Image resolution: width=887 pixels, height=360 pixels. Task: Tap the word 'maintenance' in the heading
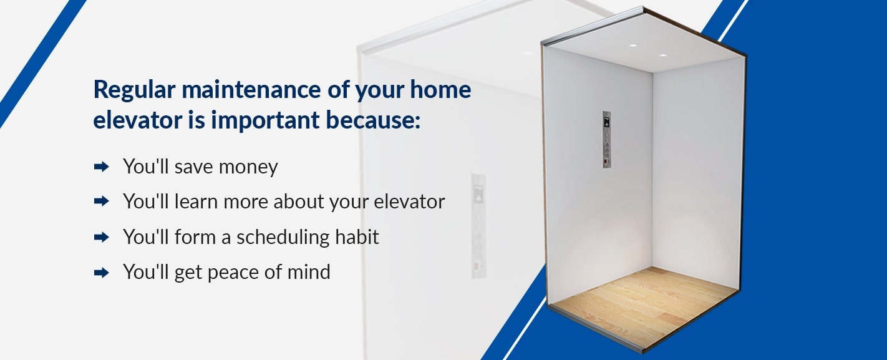[x=251, y=89]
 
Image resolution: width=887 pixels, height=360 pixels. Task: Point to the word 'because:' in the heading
[x=373, y=120]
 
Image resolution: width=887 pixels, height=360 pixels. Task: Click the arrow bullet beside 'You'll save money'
[x=102, y=167]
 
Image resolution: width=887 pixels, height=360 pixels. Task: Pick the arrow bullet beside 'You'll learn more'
[x=102, y=202]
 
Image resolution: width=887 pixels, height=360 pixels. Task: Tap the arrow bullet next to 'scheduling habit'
[x=102, y=237]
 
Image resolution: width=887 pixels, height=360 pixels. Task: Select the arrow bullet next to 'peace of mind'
[x=102, y=273]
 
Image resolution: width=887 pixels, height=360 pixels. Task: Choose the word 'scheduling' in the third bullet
[x=283, y=237]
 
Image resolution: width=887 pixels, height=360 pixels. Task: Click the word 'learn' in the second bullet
[x=196, y=202]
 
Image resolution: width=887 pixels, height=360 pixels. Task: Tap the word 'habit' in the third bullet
[x=357, y=237]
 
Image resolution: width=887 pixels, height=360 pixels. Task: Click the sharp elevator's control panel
[x=607, y=139]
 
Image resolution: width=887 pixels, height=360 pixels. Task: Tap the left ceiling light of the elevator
[x=633, y=45]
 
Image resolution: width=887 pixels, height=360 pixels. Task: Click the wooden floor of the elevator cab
[x=644, y=307]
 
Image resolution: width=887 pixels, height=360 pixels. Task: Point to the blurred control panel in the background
[x=478, y=226]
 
